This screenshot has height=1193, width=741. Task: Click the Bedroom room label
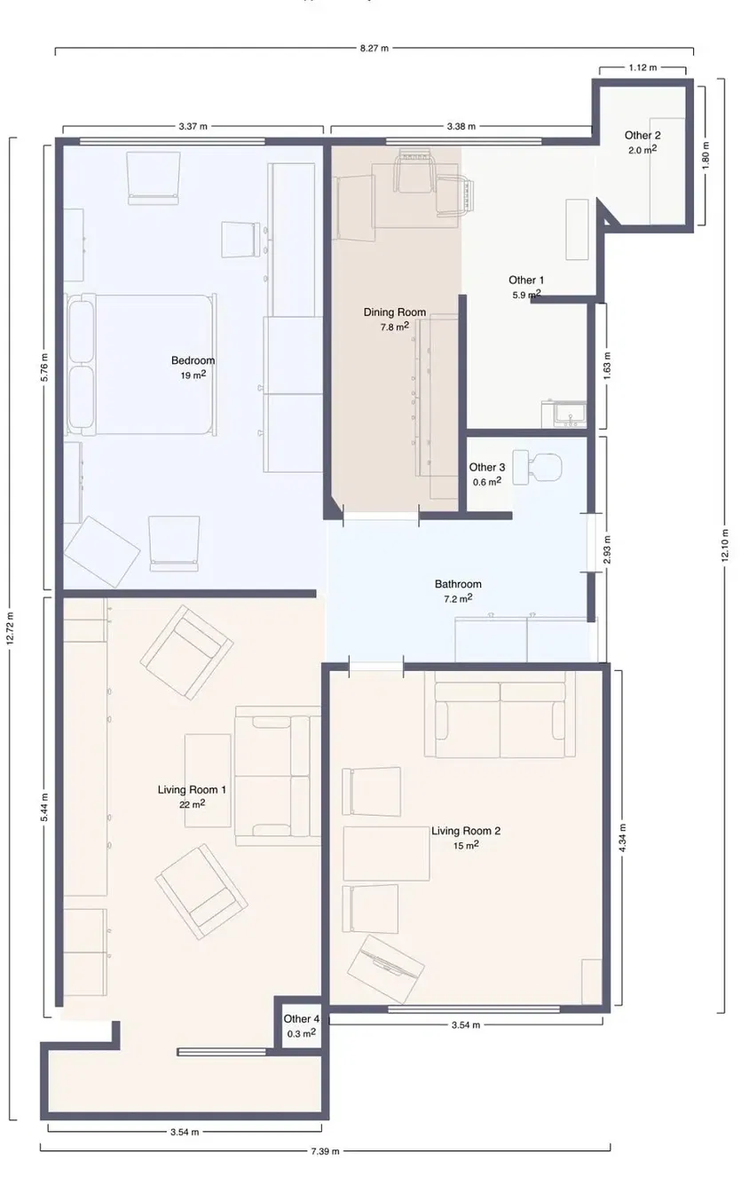click(193, 360)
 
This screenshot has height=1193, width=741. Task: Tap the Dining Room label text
click(394, 312)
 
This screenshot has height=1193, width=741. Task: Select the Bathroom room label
click(458, 584)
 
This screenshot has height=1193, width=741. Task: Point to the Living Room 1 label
click(192, 789)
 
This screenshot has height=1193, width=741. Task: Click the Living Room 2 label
click(466, 830)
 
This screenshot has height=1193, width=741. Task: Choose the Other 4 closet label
click(302, 1019)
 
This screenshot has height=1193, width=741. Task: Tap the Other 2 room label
click(642, 135)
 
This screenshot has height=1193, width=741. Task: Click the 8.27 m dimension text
click(374, 48)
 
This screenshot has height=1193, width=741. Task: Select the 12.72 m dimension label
click(11, 628)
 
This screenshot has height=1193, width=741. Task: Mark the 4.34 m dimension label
click(622, 837)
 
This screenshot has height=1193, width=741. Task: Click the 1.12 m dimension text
click(642, 67)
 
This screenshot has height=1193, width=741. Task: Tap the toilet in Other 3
click(537, 467)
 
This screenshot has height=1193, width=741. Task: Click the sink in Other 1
click(564, 414)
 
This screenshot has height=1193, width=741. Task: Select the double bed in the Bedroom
click(141, 364)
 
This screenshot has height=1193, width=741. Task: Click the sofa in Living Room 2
click(500, 715)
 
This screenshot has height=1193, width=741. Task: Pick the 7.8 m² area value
click(394, 327)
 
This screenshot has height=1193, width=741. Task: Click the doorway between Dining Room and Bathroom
click(381, 516)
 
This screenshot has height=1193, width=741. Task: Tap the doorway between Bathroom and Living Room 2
click(375, 667)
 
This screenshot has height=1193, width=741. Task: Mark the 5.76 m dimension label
click(44, 367)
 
